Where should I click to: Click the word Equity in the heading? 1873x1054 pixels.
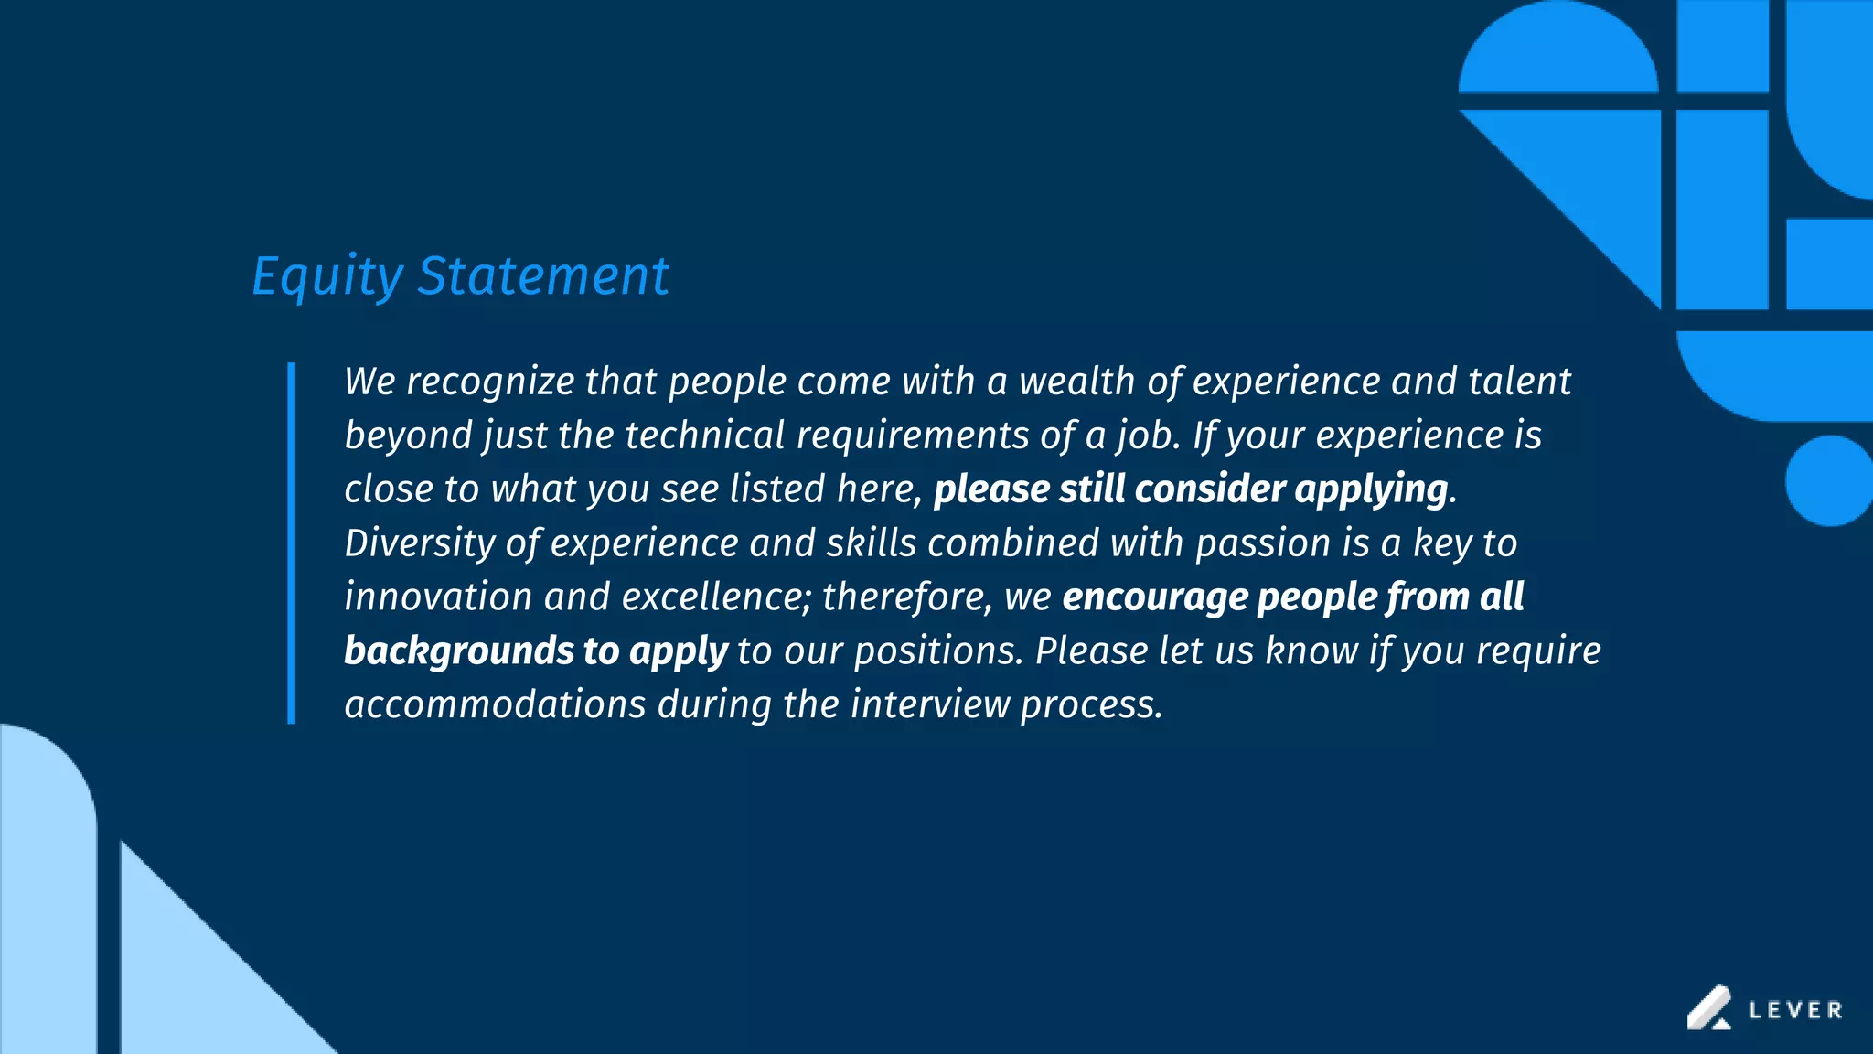[x=326, y=276]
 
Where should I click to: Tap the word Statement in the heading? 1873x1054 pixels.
[x=543, y=276]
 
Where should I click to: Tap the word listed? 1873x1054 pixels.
[x=777, y=489]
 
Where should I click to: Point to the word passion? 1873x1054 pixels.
[x=1263, y=544]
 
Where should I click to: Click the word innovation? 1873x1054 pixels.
[x=438, y=597]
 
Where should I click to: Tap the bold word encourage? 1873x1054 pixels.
[x=1155, y=597]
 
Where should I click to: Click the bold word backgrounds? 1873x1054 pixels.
[x=459, y=651]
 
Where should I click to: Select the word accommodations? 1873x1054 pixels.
[x=495, y=705]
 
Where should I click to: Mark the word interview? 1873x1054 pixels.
[x=929, y=705]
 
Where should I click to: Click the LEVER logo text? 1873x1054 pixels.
[x=1795, y=1010]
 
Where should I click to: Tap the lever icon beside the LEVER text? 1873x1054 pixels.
[x=1708, y=1007]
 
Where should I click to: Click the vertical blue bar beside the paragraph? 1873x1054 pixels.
[x=292, y=543]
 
